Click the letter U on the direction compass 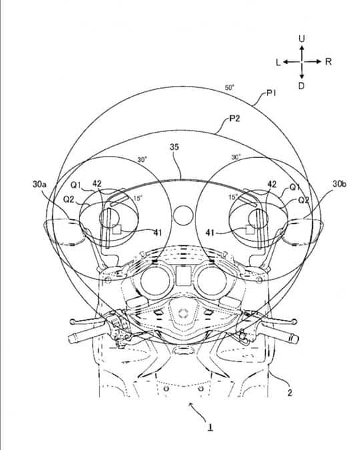(302, 39)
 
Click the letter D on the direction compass (301, 85)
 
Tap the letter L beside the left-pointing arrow (278, 62)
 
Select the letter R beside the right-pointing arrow (328, 61)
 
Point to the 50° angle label (230, 87)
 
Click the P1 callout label (271, 93)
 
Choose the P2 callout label (234, 118)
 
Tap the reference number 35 (174, 147)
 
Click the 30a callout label (39, 184)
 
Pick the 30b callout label (340, 184)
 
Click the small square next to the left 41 (117, 229)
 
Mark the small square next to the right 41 (250, 229)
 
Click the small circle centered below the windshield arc (183, 215)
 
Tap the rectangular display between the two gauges (184, 275)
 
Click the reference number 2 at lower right (290, 392)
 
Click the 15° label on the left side (138, 199)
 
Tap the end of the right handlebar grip (296, 339)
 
